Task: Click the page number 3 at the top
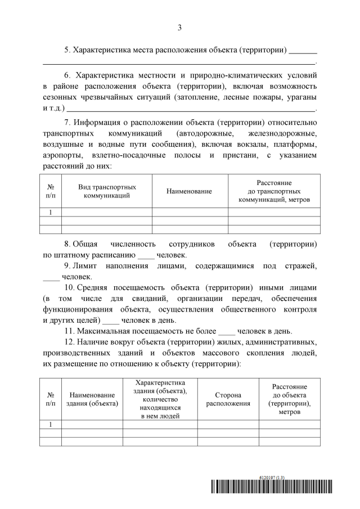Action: (179, 27)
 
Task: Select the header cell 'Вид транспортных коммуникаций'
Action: (107, 191)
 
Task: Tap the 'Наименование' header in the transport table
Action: (189, 191)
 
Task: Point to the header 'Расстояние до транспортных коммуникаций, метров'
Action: (274, 191)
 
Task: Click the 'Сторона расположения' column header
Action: (228, 399)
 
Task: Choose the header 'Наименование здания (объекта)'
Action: (92, 399)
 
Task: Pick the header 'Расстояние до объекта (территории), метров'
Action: (289, 399)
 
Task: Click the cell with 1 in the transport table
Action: (51, 212)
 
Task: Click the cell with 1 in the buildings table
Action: (51, 425)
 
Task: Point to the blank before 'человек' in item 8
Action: (146, 255)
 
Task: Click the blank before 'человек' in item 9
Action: (51, 277)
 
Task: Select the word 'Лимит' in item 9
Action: (89, 265)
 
